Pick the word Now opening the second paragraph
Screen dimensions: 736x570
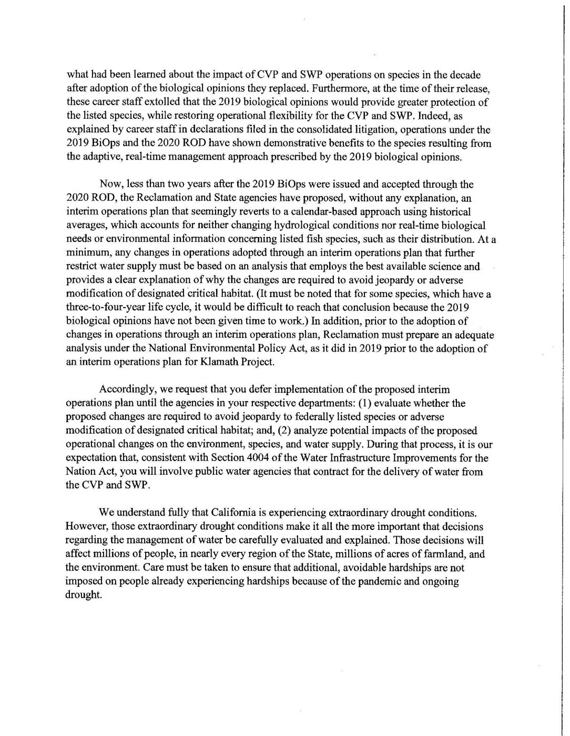tap(109, 185)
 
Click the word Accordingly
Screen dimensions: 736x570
tap(124, 391)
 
